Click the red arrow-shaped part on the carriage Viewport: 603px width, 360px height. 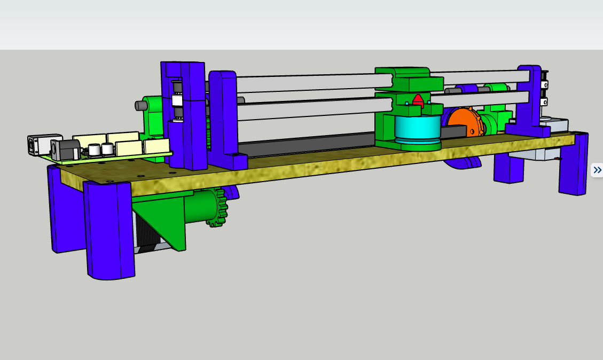418,101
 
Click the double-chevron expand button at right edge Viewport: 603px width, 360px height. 597,170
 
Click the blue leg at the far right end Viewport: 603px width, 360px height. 573,165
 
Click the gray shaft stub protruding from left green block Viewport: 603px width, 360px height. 141,106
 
